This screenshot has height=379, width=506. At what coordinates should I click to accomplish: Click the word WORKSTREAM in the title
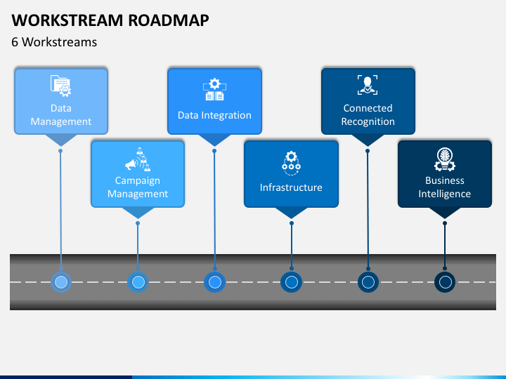click(x=67, y=20)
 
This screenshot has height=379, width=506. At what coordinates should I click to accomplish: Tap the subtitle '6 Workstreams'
click(x=54, y=42)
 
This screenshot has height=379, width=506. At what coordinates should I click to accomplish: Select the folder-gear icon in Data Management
click(x=60, y=86)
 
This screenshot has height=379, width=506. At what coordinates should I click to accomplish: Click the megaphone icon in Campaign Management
click(x=138, y=159)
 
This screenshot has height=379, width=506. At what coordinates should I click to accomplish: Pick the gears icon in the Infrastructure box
click(x=291, y=163)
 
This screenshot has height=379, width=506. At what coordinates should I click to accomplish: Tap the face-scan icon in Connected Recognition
click(x=368, y=85)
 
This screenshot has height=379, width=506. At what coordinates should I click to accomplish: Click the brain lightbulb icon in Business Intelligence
click(x=445, y=159)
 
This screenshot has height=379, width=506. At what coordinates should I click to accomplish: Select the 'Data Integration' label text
click(x=214, y=115)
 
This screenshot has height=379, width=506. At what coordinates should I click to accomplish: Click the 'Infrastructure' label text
click(x=291, y=187)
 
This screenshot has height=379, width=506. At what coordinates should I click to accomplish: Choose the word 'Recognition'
click(x=368, y=122)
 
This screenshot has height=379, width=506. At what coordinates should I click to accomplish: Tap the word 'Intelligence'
click(x=445, y=194)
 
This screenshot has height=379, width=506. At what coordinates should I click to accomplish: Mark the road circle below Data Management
click(x=61, y=282)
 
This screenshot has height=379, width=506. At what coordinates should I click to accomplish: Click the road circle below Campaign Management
click(x=138, y=282)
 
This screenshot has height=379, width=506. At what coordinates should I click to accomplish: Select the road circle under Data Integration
click(x=215, y=282)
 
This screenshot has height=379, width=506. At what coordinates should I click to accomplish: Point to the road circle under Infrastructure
click(x=292, y=282)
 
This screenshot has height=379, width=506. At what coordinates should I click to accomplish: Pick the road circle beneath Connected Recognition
click(x=368, y=282)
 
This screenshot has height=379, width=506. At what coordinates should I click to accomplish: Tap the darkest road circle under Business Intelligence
click(x=445, y=282)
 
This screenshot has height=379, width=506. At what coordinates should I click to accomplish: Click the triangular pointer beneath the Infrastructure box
click(x=292, y=213)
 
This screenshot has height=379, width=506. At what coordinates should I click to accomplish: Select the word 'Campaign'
click(x=138, y=181)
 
